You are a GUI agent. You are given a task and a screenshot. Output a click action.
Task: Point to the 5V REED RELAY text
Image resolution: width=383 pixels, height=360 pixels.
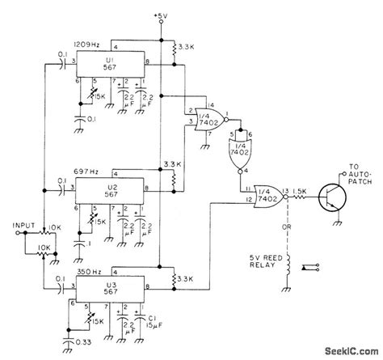264,263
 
